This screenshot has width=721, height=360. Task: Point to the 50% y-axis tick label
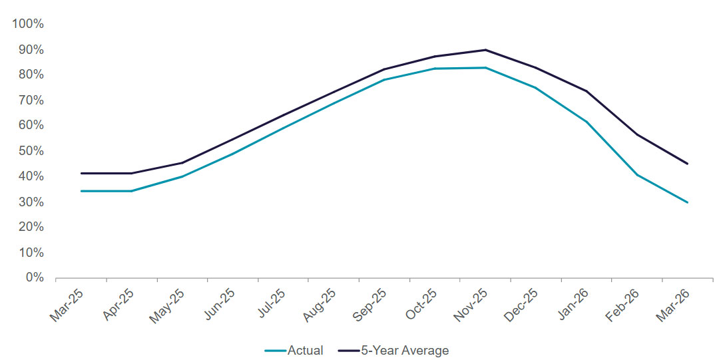point(29,151)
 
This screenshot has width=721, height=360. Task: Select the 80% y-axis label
point(29,75)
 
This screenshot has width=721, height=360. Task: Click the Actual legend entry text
point(305,350)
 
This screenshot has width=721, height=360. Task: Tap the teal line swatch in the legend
point(274,350)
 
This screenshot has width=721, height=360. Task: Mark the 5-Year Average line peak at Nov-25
point(485,50)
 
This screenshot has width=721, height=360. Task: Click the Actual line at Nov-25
point(485,67)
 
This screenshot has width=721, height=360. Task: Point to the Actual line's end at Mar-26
point(687,202)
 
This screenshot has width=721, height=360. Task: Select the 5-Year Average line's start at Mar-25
point(81,173)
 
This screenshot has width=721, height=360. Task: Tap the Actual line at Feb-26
point(637,175)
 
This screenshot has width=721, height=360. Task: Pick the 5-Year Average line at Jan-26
point(587,91)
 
